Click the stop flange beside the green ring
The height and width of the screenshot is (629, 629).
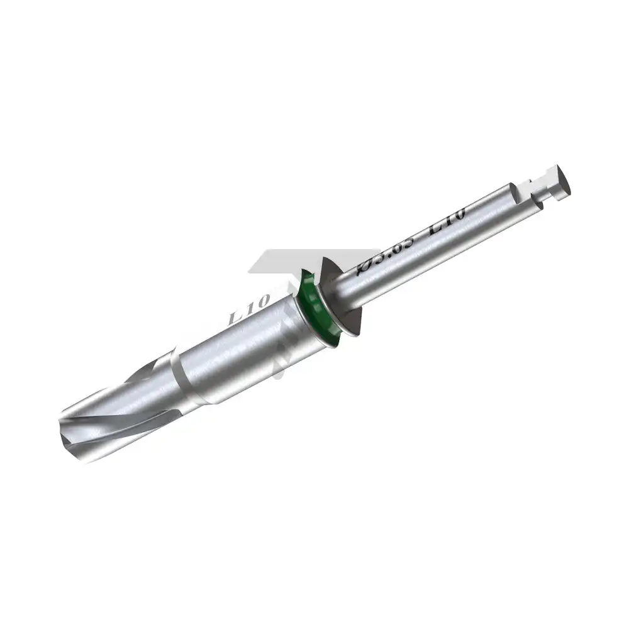point(343,296)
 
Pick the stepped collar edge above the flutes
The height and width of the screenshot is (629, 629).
point(182,377)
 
